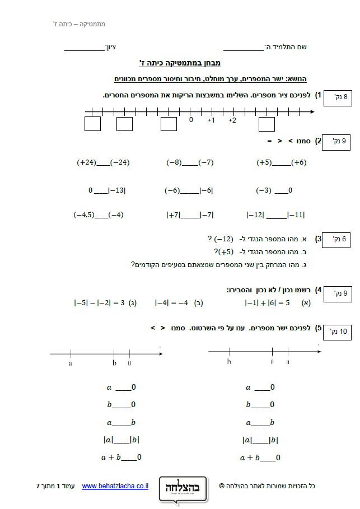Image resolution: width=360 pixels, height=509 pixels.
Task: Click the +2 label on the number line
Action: pos(232,120)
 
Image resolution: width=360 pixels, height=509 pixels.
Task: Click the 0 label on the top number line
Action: pos(191,120)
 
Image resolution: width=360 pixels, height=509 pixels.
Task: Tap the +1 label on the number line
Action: pos(211,120)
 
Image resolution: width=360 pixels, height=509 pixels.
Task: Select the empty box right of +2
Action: pos(267,124)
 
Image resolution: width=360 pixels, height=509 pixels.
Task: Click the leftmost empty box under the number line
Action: pos(92,124)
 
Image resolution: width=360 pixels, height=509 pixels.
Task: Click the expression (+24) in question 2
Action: pos(87,163)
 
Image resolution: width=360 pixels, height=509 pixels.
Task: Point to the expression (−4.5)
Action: pos(84,214)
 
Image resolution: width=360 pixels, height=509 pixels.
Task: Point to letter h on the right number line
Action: pos(230,362)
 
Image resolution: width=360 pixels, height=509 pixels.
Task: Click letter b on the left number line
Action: pos(114,363)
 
